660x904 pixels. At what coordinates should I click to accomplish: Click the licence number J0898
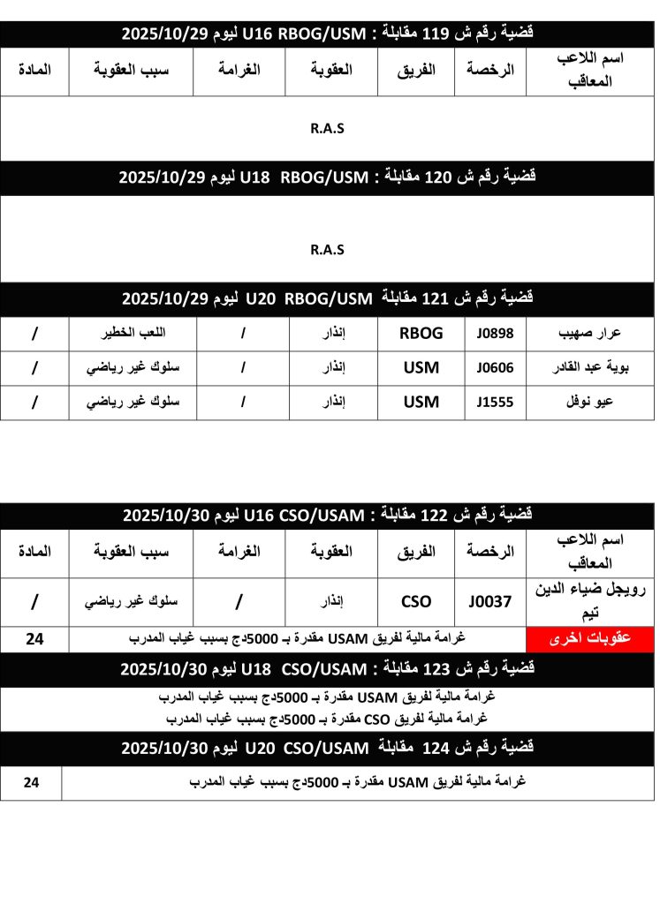(x=495, y=334)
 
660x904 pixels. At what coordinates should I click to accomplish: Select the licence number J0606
(x=495, y=368)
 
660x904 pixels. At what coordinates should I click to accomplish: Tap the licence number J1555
(x=495, y=403)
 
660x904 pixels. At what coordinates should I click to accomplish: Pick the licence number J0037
(x=490, y=602)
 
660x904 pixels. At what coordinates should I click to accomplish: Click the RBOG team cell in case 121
(x=421, y=334)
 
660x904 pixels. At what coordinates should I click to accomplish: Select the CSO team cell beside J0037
(x=416, y=602)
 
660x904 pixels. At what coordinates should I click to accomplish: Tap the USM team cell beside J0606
(x=421, y=368)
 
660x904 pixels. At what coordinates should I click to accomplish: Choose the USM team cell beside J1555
(x=421, y=403)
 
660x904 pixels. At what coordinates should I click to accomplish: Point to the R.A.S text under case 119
(x=327, y=128)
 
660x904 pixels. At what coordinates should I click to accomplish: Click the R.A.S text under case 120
(x=327, y=250)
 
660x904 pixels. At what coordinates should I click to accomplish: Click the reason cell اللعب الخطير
(x=132, y=334)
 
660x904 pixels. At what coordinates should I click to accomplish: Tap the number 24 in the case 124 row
(x=31, y=782)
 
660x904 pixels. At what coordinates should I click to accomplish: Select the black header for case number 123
(x=327, y=669)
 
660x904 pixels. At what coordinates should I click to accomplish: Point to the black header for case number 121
(x=327, y=298)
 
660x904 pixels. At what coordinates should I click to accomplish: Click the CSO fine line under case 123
(x=327, y=718)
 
